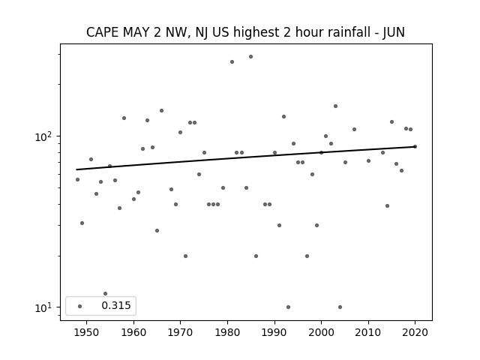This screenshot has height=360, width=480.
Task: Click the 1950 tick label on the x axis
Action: click(87, 332)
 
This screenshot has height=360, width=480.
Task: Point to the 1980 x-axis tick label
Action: click(227, 332)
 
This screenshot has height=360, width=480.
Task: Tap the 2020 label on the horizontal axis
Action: click(415, 332)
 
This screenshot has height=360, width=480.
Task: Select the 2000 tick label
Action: click(321, 332)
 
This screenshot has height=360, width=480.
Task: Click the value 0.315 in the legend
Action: click(116, 305)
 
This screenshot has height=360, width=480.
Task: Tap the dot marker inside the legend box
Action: click(80, 306)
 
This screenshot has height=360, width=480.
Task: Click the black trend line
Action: click(246, 158)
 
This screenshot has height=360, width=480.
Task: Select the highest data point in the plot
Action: click(250, 57)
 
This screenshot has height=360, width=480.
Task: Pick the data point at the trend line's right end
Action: click(415, 147)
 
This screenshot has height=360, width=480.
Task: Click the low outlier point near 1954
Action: click(105, 293)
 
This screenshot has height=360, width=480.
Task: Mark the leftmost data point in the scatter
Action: click(77, 180)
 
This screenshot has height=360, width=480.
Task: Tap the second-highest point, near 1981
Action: click(232, 61)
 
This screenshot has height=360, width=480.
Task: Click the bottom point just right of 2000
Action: click(340, 307)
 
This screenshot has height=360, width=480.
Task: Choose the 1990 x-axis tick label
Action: click(274, 332)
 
